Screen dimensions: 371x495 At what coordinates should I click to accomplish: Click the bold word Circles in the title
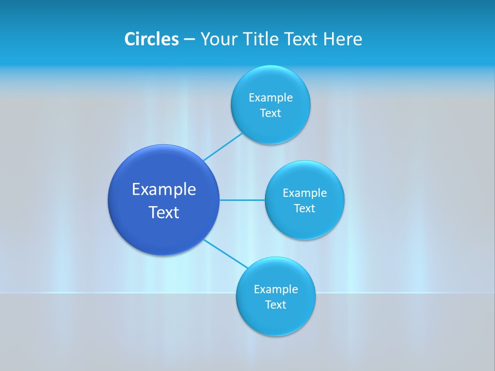[151, 39]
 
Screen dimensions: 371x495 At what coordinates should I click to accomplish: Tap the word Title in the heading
[261, 39]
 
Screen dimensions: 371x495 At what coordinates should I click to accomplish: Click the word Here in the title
[342, 39]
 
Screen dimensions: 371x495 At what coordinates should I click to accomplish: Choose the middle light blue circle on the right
[305, 224]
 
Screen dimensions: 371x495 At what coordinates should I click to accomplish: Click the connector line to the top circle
[223, 147]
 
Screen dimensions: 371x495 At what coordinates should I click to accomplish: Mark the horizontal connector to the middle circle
[242, 200]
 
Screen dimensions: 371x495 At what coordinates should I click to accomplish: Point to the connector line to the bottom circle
[226, 254]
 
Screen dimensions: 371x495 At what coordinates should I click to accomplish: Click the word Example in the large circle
[164, 190]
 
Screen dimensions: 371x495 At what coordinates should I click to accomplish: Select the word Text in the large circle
[164, 212]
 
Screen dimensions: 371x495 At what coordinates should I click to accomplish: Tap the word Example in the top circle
[271, 98]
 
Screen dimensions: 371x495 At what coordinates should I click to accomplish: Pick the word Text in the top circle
[271, 113]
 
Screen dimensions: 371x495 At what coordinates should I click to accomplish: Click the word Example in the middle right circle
[305, 193]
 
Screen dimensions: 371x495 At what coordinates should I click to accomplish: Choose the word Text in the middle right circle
[305, 209]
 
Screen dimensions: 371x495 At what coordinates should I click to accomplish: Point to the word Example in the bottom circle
[276, 290]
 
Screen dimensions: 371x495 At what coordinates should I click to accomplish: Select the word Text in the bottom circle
[276, 305]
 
